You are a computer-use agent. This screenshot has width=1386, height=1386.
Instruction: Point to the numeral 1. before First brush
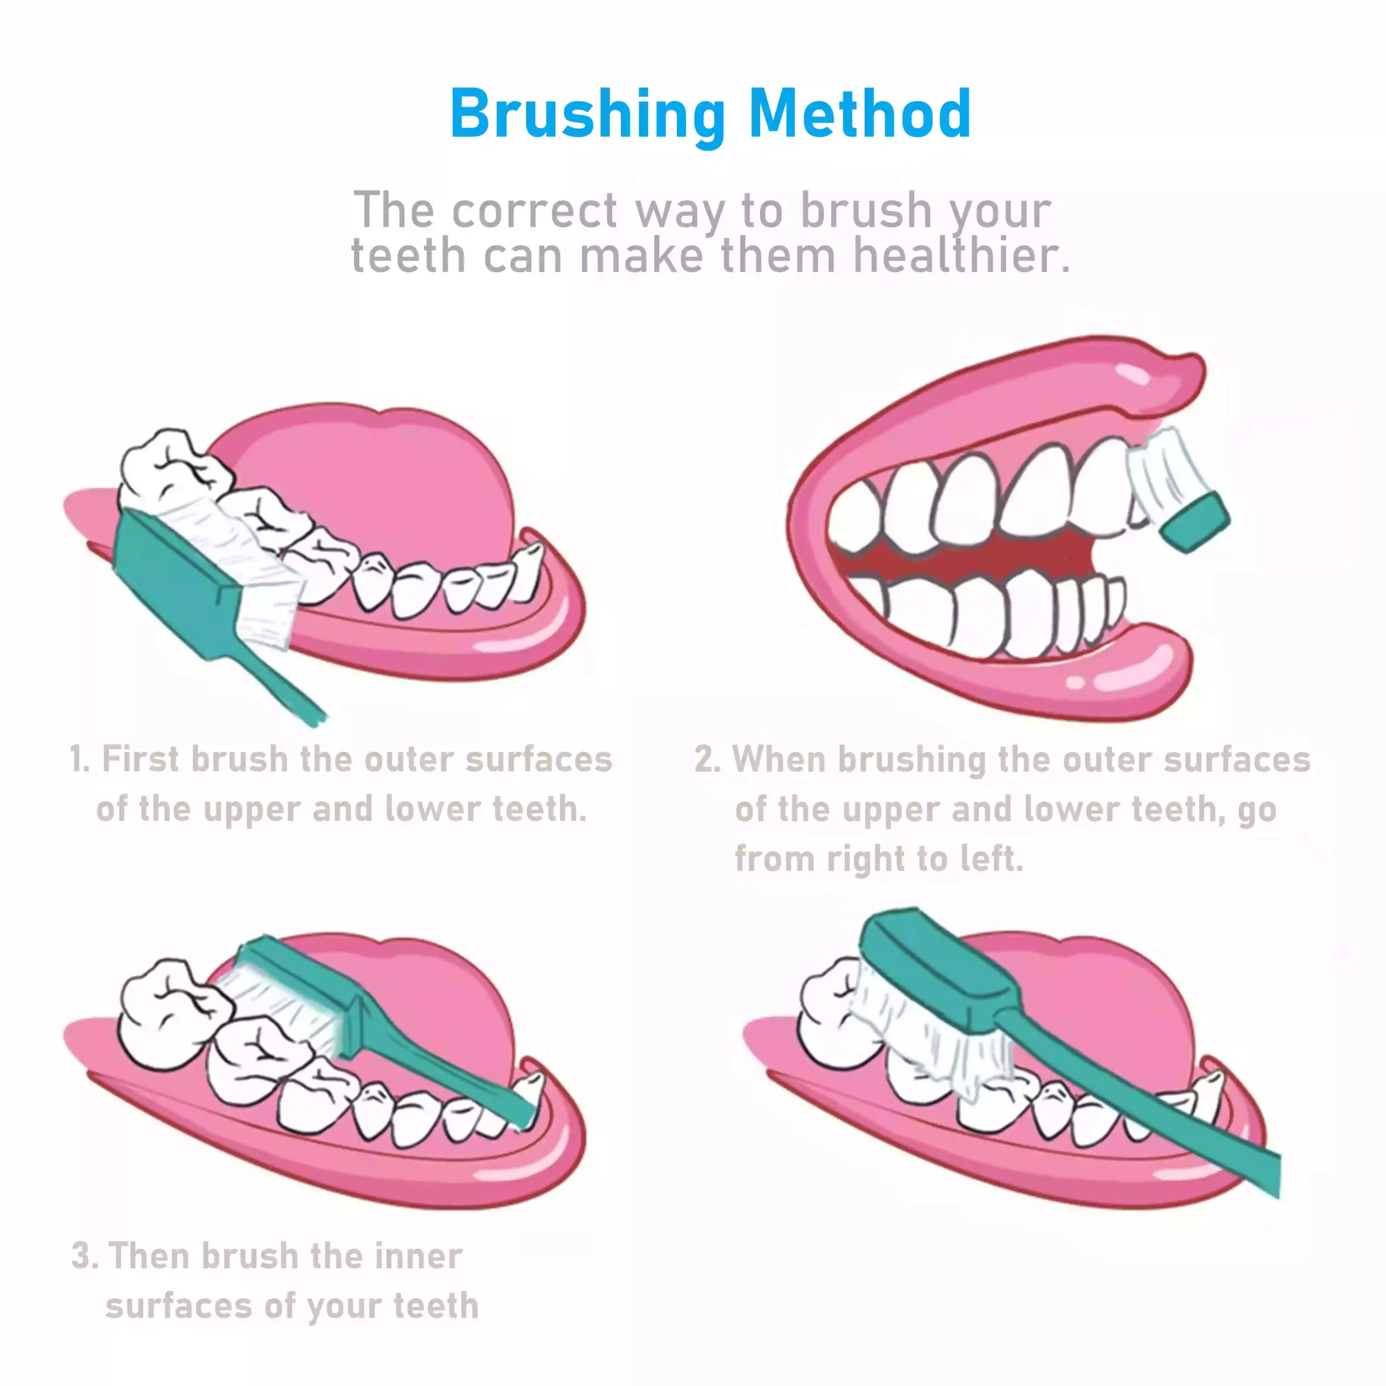[x=80, y=759]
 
